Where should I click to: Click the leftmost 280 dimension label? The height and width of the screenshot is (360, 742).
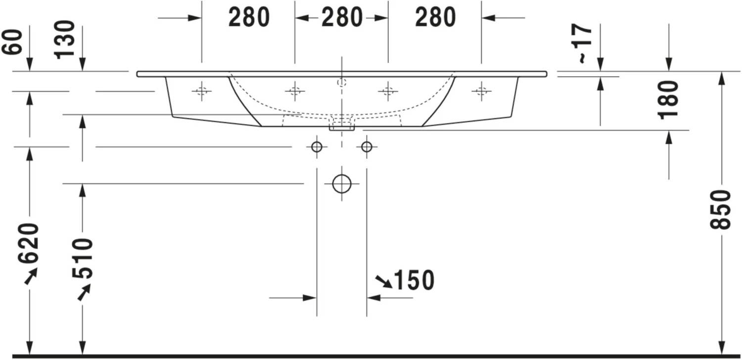point(249,18)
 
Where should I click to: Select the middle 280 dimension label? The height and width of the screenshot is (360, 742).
point(342,18)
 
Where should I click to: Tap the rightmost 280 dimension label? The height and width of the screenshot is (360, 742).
point(435,18)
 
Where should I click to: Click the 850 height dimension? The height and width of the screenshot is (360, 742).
point(720,209)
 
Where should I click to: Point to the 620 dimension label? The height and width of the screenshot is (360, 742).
point(29,244)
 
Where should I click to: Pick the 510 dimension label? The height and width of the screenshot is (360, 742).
point(82,259)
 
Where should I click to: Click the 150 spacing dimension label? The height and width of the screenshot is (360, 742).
point(414,280)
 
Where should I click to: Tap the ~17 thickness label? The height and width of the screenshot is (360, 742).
point(585,44)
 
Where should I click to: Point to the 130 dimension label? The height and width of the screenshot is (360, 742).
point(65,40)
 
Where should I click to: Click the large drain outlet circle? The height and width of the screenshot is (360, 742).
point(341,183)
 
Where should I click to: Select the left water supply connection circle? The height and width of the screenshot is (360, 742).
point(317,147)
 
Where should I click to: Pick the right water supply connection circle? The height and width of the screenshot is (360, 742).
point(367,147)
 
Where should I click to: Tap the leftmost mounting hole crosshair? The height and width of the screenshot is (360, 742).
point(201,90)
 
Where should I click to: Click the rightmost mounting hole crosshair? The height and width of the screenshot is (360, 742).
point(481,90)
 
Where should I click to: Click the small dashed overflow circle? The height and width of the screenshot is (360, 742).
point(341,82)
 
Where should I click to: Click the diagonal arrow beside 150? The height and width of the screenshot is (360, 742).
point(383,281)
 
